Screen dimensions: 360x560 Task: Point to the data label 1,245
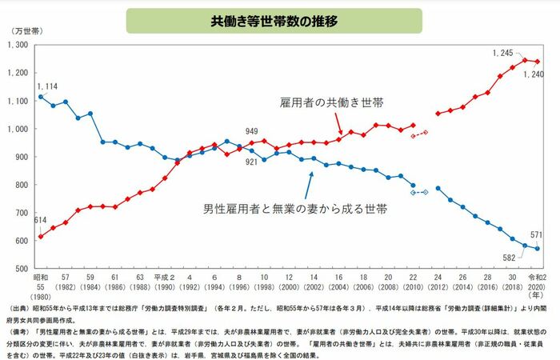pyautogui.click(x=502, y=52)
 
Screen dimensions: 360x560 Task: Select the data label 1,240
pyautogui.click(x=533, y=74)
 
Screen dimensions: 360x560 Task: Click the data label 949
pyautogui.click(x=252, y=131)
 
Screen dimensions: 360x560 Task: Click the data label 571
pyautogui.click(x=538, y=234)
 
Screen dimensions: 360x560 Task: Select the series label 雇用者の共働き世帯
pyautogui.click(x=331, y=103)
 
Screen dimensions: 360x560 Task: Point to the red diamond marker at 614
pyautogui.click(x=41, y=237)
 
